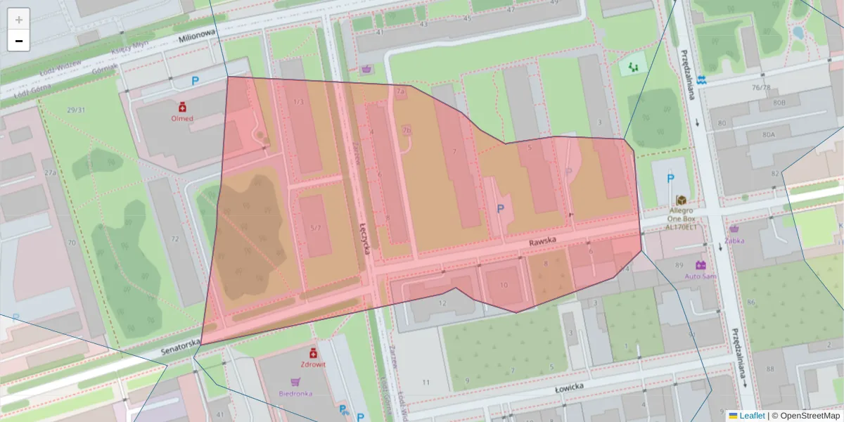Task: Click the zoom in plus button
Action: pos(19,20)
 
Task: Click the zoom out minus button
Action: pos(19,41)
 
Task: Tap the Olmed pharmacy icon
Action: pos(182,106)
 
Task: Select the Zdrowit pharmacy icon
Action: pos(314,352)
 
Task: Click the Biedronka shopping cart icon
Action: pos(295,382)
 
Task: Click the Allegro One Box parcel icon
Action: pos(680,200)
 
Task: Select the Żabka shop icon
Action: pos(734,229)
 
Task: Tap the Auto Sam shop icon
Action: pos(701,265)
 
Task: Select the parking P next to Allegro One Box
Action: pos(670,179)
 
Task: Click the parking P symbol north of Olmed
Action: pos(196,81)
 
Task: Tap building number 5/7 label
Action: pos(315,228)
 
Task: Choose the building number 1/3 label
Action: pos(298,102)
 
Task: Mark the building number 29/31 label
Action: pos(76,110)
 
